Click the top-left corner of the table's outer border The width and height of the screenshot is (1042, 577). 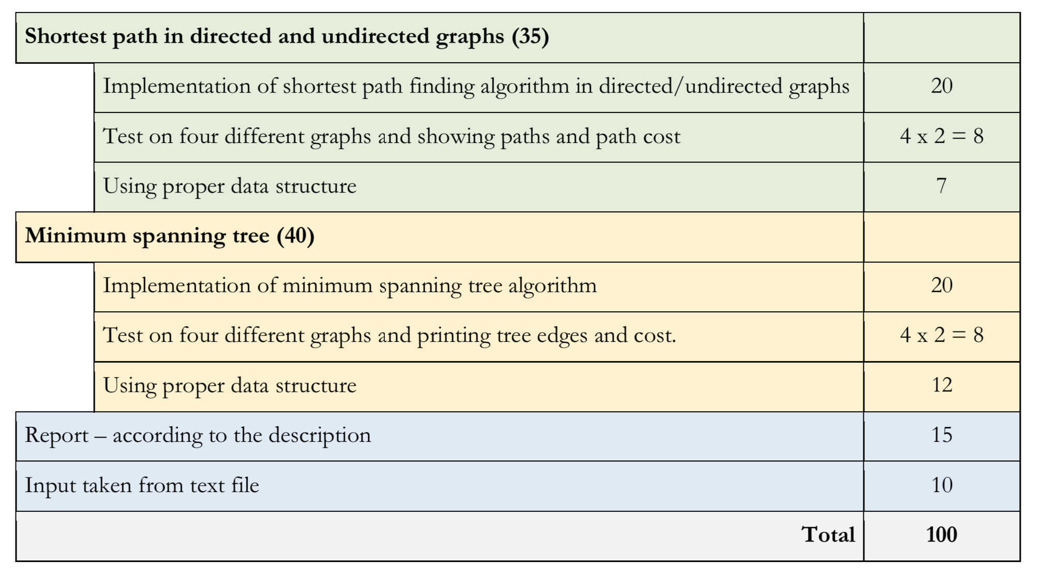click(x=16, y=13)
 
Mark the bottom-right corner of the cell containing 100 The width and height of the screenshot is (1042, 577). click(x=1020, y=561)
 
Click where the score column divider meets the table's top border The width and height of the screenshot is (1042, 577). click(x=864, y=13)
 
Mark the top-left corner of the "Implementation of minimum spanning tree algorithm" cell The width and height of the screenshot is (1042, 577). click(x=94, y=262)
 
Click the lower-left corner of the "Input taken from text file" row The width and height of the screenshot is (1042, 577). click(x=16, y=511)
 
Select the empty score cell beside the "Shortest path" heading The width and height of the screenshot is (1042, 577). click(x=942, y=38)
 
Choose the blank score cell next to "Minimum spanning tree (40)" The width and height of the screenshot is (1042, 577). click(x=942, y=237)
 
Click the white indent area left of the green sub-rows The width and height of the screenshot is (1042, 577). click(x=55, y=137)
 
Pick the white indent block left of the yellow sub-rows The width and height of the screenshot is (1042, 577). click(x=55, y=337)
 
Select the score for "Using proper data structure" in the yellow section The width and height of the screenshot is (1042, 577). click(x=942, y=385)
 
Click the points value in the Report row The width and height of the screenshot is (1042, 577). click(x=942, y=435)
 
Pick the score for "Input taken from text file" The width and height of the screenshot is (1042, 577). click(x=942, y=485)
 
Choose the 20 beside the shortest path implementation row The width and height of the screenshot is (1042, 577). click(x=942, y=85)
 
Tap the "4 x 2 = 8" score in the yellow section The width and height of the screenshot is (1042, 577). click(x=942, y=335)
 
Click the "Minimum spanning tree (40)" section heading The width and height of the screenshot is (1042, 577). click(x=170, y=236)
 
